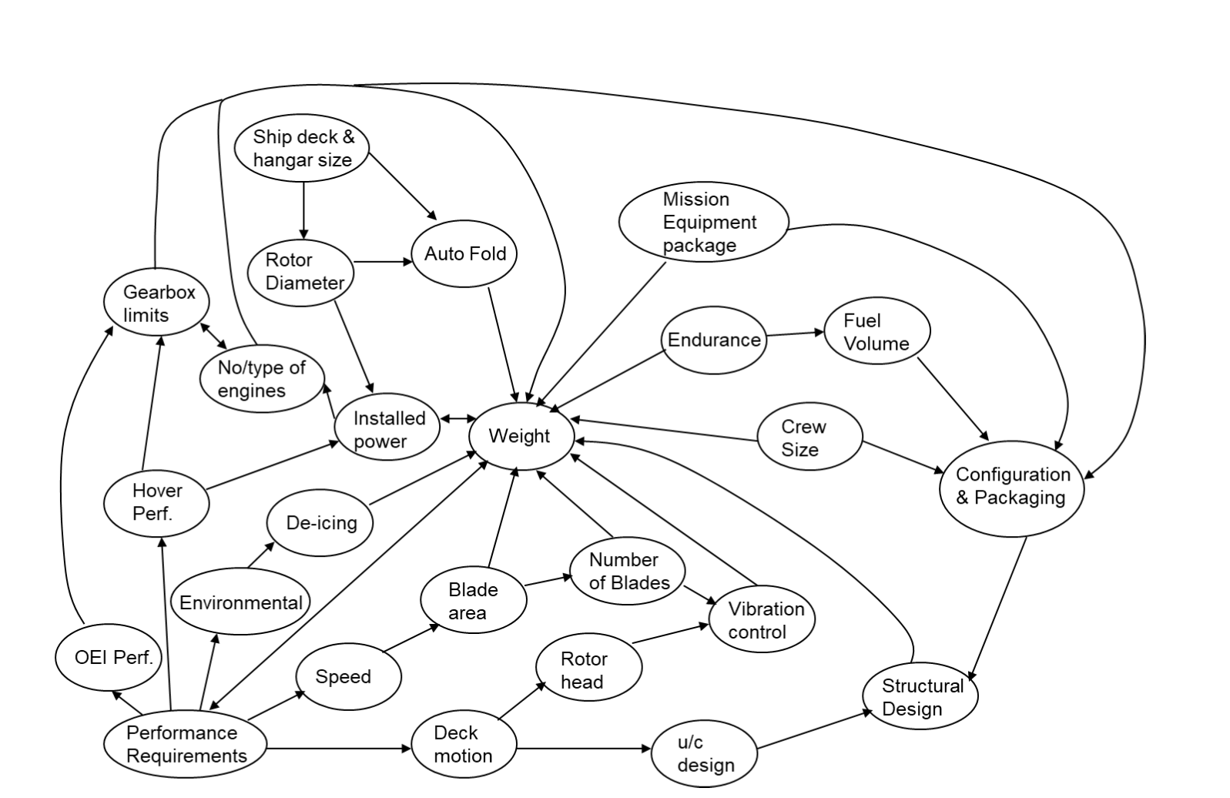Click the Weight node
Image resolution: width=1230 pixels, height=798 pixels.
click(521, 436)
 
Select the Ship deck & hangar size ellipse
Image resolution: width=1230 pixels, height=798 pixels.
click(303, 148)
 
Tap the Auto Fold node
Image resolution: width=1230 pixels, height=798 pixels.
click(465, 253)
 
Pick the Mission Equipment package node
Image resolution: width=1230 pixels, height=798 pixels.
click(703, 222)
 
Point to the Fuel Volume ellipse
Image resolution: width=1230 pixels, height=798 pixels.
click(876, 331)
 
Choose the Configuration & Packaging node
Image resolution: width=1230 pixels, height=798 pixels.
click(1012, 487)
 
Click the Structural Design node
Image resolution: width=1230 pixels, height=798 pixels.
click(920, 696)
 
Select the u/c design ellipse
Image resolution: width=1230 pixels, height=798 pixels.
click(704, 753)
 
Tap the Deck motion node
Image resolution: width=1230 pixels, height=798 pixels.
click(463, 744)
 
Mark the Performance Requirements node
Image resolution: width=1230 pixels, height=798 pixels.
click(186, 744)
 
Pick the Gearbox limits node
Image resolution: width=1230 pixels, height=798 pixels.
click(157, 303)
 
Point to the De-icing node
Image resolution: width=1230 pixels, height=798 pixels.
click(320, 523)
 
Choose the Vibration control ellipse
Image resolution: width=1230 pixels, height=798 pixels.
click(761, 620)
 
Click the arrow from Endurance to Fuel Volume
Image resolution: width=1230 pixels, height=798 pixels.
click(795, 334)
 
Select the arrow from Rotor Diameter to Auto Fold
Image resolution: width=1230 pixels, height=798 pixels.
click(382, 262)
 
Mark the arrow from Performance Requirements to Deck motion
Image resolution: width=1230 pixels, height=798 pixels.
click(339, 748)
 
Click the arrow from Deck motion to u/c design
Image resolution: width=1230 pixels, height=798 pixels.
click(584, 748)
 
